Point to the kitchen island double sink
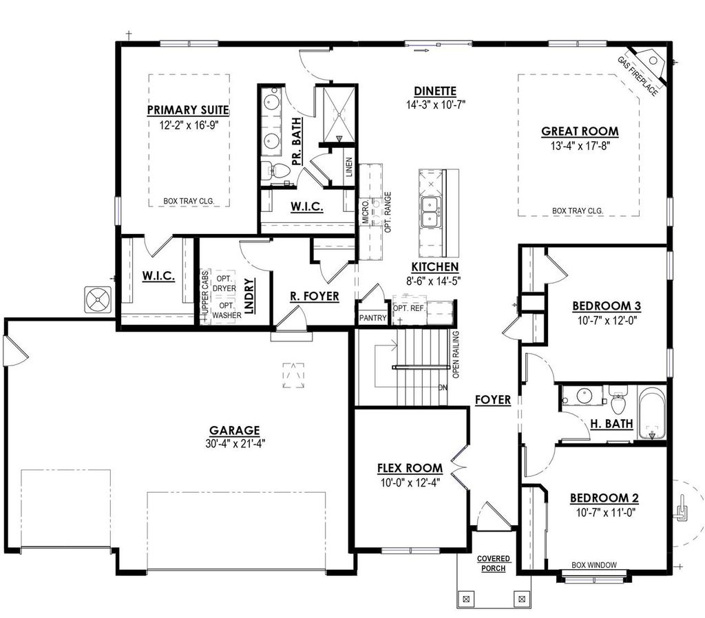(x=432, y=211)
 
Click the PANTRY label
(x=372, y=319)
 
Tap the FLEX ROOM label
(x=409, y=469)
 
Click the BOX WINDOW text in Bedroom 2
(x=593, y=565)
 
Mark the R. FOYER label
(x=314, y=297)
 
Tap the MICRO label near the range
(x=366, y=213)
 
